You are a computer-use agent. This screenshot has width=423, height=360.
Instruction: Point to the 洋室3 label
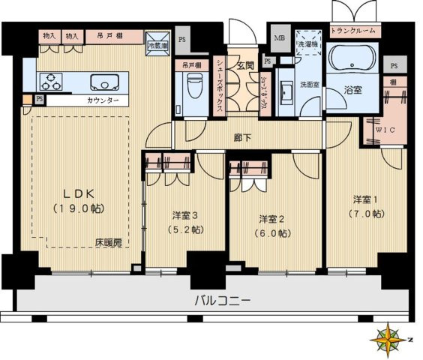(184, 216)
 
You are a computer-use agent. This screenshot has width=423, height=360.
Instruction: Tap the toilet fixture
(193, 84)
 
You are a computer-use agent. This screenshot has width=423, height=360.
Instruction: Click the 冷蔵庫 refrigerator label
(157, 46)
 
